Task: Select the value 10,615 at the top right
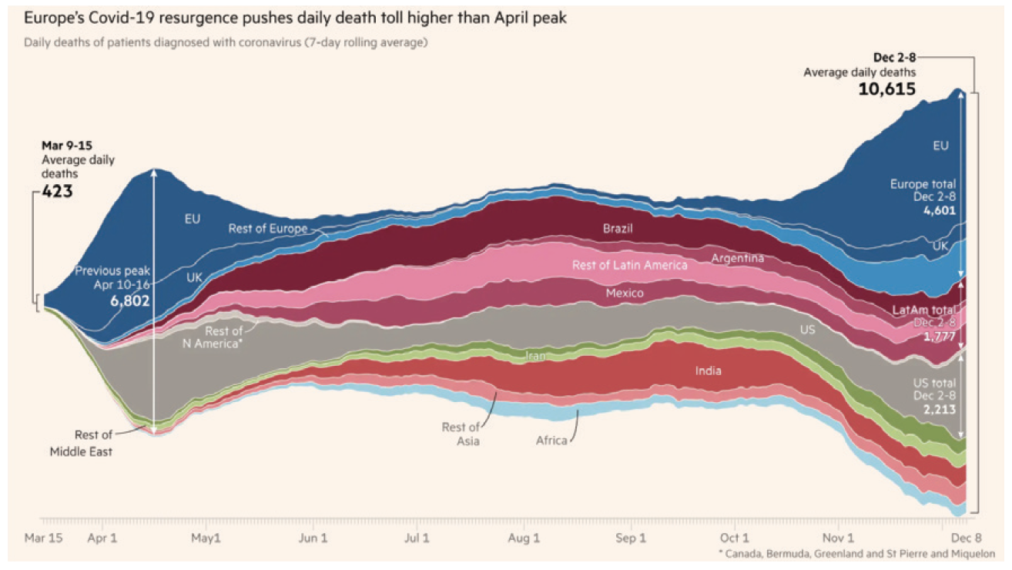coord(887,89)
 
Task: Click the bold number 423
coord(58,191)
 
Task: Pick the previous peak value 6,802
coord(129,301)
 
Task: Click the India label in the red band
coord(708,370)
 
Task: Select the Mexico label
coord(625,293)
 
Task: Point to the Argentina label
coord(737,258)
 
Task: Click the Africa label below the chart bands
coord(551,441)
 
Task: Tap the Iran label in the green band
coord(536,356)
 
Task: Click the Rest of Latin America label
coord(629,265)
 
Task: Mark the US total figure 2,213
coord(940,410)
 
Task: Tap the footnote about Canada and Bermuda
coord(856,553)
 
